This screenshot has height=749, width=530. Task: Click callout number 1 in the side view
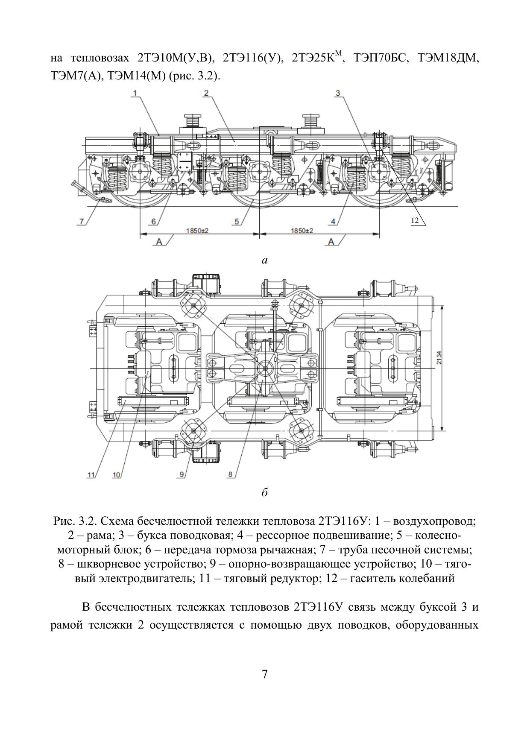[134, 93]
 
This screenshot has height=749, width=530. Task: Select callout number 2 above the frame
[206, 93]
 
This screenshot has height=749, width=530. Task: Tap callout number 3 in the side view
[337, 93]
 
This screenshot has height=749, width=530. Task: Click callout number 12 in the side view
[414, 220]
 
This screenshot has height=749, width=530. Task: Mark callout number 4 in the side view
[333, 221]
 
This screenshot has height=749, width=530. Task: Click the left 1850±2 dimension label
[200, 231]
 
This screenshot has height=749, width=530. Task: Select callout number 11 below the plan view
[91, 475]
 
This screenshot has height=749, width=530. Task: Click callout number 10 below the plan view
[117, 475]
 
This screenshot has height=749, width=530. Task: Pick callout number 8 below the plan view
[231, 474]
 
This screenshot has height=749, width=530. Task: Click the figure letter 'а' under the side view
[265, 260]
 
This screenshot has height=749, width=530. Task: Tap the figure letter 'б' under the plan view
[265, 492]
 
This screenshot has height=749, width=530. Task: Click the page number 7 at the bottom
[265, 674]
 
